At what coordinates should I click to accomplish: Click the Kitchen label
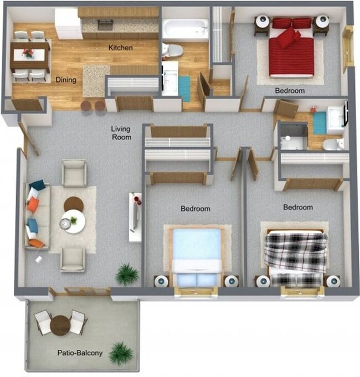(x=120, y=48)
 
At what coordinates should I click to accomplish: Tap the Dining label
(x=66, y=80)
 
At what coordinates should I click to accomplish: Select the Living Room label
(x=121, y=132)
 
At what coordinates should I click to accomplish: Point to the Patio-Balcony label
(x=78, y=353)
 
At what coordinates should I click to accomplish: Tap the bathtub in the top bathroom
(x=186, y=28)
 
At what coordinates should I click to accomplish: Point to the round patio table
(x=60, y=324)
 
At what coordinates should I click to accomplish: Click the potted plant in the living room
(x=127, y=273)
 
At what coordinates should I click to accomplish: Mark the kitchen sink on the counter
(x=105, y=25)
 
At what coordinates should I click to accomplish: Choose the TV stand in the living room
(x=135, y=216)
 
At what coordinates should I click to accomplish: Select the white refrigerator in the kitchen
(x=68, y=23)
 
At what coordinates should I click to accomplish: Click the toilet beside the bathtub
(x=174, y=50)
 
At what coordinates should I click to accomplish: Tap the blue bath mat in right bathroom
(x=320, y=123)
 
